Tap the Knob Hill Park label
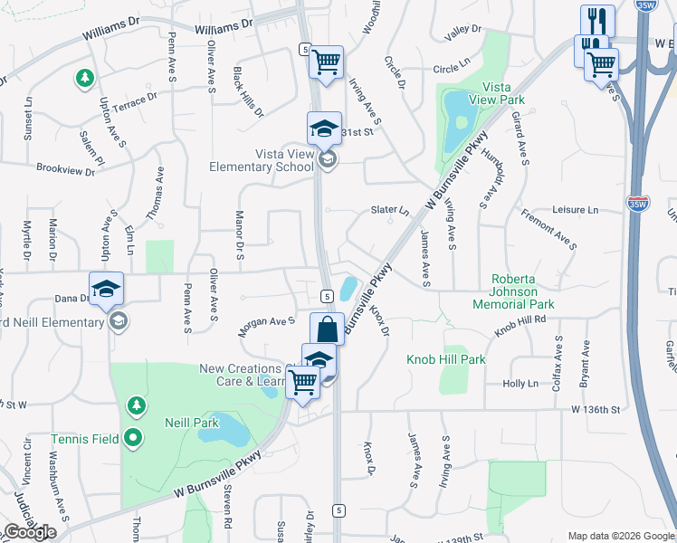[447, 359]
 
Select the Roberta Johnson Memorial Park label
[513, 291]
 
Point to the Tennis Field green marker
[134, 439]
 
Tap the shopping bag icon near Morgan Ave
[328, 329]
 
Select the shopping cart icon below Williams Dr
[326, 62]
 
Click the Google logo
[30, 531]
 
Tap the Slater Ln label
[390, 211]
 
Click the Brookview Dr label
[65, 167]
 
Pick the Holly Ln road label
[520, 384]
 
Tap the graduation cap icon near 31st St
[324, 129]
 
